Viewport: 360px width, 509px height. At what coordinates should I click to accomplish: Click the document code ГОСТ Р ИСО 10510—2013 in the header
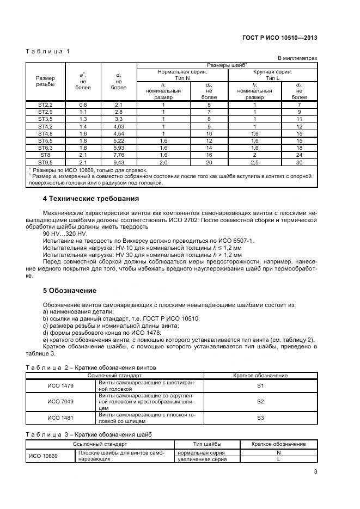(280, 38)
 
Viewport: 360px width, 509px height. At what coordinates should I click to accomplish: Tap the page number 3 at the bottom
(315, 473)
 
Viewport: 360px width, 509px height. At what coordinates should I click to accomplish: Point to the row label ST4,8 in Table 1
(46, 133)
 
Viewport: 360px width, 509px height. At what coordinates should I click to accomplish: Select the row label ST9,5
(46, 162)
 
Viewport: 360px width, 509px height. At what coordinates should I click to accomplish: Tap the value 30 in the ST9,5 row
(299, 162)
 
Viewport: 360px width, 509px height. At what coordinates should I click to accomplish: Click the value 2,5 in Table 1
(254, 162)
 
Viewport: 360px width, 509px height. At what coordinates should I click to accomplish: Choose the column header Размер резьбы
(46, 81)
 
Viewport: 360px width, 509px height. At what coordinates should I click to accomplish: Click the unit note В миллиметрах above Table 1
(298, 58)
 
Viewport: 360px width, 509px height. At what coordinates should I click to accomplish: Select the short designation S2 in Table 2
(260, 401)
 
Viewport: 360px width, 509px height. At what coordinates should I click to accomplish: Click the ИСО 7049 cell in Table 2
(61, 401)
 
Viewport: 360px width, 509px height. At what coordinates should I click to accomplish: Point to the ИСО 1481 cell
(61, 418)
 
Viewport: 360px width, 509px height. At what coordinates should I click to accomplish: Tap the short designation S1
(260, 385)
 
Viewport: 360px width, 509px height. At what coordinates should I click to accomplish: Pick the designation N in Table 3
(278, 452)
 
